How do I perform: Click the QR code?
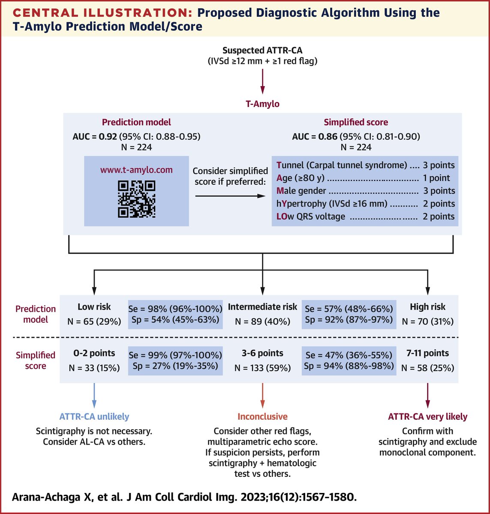click(x=136, y=199)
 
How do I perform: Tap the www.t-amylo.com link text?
click(x=136, y=170)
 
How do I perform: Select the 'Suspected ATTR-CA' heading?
click(x=262, y=51)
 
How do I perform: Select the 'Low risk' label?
click(x=94, y=307)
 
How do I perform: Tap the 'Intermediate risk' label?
click(x=262, y=307)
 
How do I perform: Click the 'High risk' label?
click(x=427, y=307)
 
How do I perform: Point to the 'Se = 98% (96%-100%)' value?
click(x=175, y=308)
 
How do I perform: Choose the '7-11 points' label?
click(x=427, y=353)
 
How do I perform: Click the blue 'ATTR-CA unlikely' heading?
click(x=94, y=416)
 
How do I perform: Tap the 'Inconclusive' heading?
click(x=262, y=416)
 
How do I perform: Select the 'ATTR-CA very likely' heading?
click(x=427, y=416)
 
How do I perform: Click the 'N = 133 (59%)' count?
click(x=262, y=368)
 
